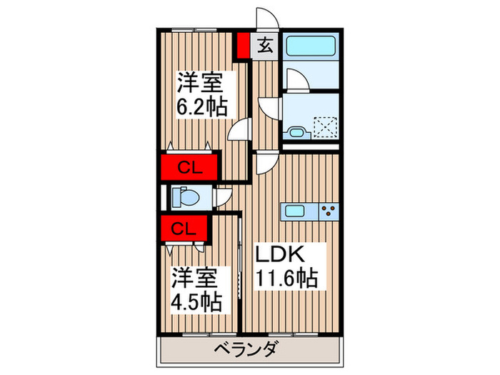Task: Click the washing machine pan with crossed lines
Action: tap(326, 126)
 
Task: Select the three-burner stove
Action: tap(329, 210)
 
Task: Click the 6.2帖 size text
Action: tap(202, 107)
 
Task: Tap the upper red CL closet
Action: tap(189, 169)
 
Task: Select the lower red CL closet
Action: tap(184, 229)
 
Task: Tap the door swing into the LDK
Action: tap(262, 163)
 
